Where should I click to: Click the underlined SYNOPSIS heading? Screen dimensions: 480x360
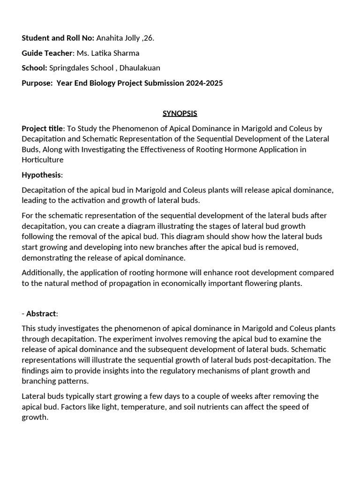[x=180, y=113]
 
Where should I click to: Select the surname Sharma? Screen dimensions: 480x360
[x=124, y=53]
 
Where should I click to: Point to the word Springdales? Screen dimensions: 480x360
[x=71, y=68]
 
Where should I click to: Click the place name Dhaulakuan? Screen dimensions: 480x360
[x=140, y=68]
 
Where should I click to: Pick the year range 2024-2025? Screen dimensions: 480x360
[x=204, y=83]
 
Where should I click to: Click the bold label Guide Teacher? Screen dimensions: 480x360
[x=47, y=53]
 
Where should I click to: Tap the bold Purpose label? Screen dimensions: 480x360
[x=37, y=83]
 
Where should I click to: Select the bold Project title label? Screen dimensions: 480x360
[x=42, y=128]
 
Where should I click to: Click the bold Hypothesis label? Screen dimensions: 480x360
[x=41, y=175]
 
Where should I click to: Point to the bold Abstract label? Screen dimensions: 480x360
[x=41, y=314]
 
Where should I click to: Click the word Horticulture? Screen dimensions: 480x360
[x=43, y=160]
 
